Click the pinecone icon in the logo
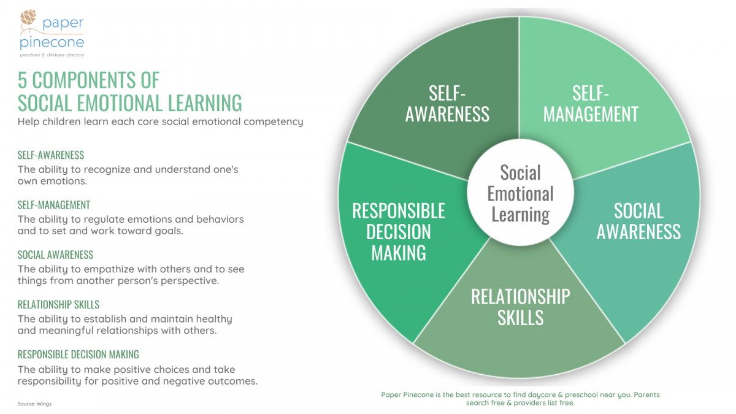(28, 17)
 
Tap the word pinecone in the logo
(52, 43)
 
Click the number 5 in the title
(22, 80)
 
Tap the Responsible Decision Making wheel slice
(401, 237)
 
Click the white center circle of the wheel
(521, 193)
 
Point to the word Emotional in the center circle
(521, 194)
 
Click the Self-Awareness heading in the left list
(51, 155)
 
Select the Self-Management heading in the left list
(54, 205)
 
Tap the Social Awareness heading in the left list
(56, 255)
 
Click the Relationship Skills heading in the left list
(58, 305)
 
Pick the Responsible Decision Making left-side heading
(79, 355)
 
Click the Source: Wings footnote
(34, 404)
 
